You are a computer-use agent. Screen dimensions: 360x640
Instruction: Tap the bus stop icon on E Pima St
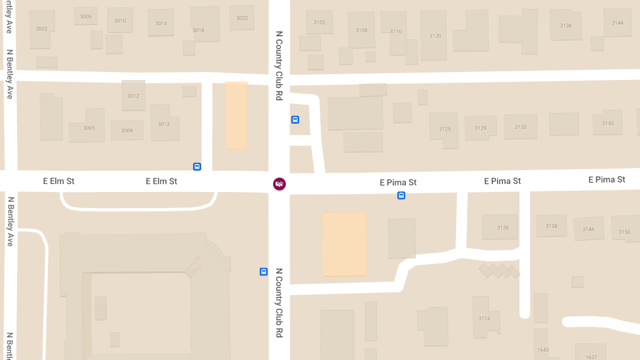tap(401, 196)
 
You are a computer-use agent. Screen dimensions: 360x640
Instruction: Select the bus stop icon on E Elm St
tap(197, 166)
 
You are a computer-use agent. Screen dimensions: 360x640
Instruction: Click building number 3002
tap(42, 29)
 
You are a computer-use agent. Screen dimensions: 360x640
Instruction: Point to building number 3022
tap(242, 18)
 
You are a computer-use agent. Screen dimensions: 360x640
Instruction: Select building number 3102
tap(319, 22)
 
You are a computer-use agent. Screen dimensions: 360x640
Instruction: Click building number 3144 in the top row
tap(618, 23)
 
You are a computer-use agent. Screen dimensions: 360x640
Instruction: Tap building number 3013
tap(164, 124)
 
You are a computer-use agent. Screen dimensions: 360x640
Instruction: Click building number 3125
tap(445, 129)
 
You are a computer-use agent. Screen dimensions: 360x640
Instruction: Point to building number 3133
tap(521, 127)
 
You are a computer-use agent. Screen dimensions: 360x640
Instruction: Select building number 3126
tap(502, 228)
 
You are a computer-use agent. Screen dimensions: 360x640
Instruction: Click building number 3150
tap(624, 232)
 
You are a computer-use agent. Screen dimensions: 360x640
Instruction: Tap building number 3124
tap(484, 318)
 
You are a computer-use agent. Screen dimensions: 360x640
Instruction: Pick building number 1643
tap(543, 350)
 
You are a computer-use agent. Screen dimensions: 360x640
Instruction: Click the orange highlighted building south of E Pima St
tap(344, 244)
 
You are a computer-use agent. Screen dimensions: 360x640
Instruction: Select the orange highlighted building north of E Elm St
tap(236, 115)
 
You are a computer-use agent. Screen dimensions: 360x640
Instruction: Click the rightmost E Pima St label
tap(606, 180)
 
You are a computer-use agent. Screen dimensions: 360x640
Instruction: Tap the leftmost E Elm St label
tap(59, 181)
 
